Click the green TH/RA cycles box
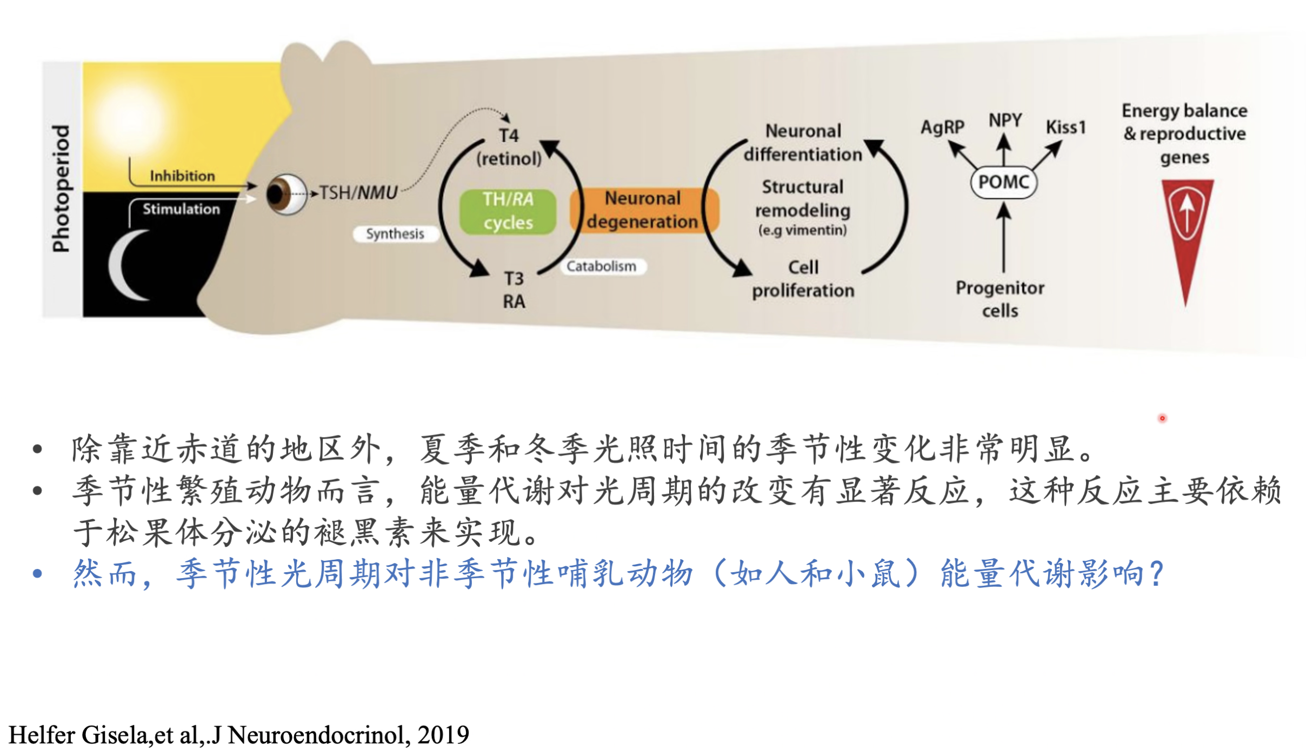[508, 211]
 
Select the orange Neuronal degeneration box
[644, 210]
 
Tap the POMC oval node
[1004, 182]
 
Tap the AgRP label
[942, 127]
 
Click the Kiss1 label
[1066, 127]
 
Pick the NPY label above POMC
[1005, 119]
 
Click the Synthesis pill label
[395, 234]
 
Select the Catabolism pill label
[602, 266]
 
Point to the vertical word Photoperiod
[61, 189]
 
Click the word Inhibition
[182, 176]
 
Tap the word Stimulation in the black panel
[181, 209]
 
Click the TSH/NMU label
[358, 192]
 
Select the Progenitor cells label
[1000, 299]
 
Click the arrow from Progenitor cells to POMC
[1004, 237]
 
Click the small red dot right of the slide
[1162, 418]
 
